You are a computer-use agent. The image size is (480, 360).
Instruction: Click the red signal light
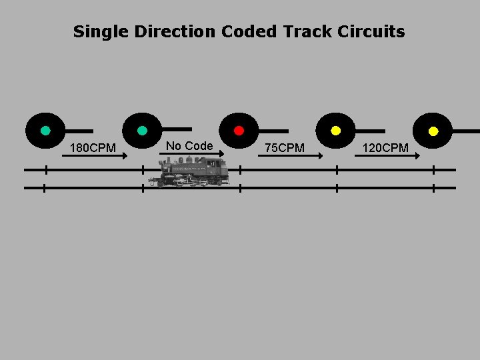[239, 131]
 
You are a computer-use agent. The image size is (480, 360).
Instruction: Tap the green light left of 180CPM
[45, 131]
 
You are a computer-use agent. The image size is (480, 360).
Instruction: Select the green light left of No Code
[142, 131]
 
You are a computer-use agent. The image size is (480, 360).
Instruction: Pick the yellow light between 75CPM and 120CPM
[336, 131]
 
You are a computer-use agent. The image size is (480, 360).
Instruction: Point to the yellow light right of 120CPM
[433, 131]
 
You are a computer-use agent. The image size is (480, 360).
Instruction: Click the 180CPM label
[93, 147]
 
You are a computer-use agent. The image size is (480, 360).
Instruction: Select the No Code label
[189, 145]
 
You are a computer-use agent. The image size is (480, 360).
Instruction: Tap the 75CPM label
[285, 147]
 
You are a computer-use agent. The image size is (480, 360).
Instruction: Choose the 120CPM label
[385, 147]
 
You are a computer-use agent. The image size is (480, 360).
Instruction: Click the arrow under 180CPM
[93, 155]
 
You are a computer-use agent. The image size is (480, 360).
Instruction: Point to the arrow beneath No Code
[191, 153]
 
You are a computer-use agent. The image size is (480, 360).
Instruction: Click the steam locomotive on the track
[189, 172]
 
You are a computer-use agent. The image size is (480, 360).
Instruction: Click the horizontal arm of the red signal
[273, 131]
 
